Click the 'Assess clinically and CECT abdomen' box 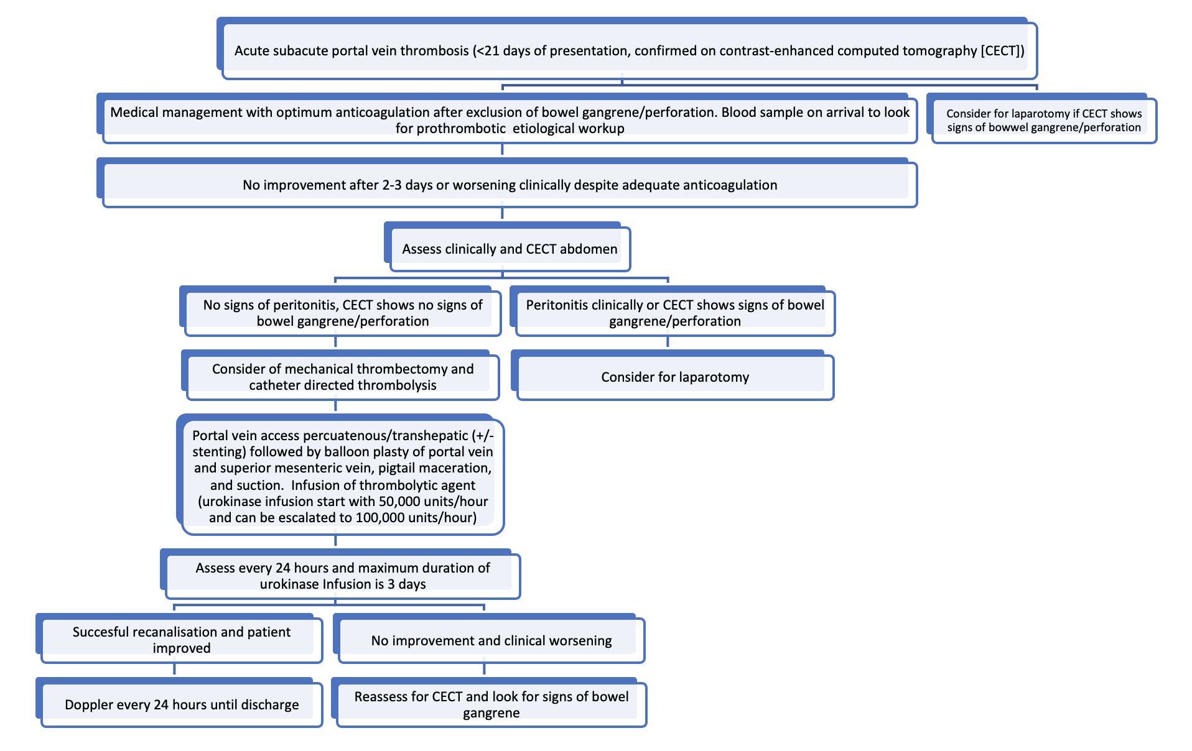(x=510, y=249)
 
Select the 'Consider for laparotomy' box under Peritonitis (x=674, y=377)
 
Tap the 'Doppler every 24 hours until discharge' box (x=181, y=704)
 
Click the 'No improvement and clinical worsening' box (x=491, y=640)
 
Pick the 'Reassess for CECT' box (x=491, y=704)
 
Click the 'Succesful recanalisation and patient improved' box (x=181, y=640)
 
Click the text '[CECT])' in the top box (x=1002, y=51)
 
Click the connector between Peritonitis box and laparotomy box (x=668, y=343)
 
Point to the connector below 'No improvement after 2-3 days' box (x=502, y=213)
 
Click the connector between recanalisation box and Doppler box (x=174, y=669)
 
